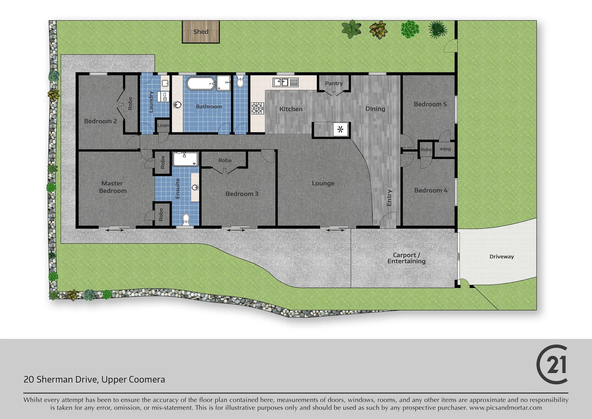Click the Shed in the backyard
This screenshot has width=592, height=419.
[x=201, y=31]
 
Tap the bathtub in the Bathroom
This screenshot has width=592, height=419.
[x=201, y=83]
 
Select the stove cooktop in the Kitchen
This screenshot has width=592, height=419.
[x=257, y=108]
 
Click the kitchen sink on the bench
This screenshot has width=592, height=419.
[x=286, y=82]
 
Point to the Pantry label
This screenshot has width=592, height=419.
[x=334, y=83]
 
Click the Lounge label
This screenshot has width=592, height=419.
[x=323, y=183]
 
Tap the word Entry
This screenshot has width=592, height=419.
[x=389, y=198]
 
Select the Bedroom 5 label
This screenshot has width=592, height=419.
[x=430, y=104]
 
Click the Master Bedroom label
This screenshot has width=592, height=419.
[x=112, y=187]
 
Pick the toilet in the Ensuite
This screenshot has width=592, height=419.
[x=186, y=220]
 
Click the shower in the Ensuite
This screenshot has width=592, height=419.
[x=185, y=159]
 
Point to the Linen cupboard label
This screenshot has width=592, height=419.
[x=163, y=125]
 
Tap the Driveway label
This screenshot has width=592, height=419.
[x=501, y=256]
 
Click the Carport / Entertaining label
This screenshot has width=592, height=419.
[x=406, y=258]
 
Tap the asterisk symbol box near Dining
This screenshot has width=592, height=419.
[x=341, y=130]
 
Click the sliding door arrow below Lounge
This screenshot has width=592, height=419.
[x=336, y=230]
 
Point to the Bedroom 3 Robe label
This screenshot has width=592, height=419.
[x=225, y=160]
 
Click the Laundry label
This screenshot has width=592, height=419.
[x=151, y=102]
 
